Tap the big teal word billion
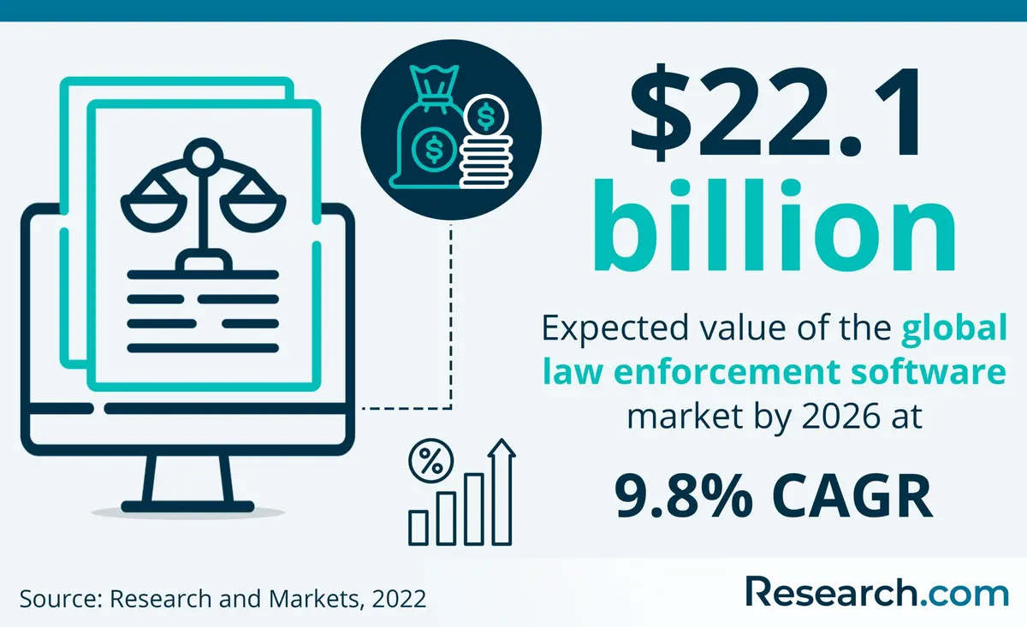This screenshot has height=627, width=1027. coord(775,225)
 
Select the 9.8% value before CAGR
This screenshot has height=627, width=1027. coord(684,496)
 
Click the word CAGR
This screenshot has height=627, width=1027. coord(852,496)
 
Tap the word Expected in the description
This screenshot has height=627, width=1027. coord(615,329)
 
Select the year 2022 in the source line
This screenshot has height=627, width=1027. coord(399,599)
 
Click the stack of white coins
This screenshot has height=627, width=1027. coord(486,162)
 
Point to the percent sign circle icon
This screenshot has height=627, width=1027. coord(431,461)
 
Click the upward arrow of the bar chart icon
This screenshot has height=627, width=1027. coord(502,492)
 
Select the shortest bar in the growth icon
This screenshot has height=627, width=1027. coord(419,528)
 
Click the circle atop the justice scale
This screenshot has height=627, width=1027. coord(203,157)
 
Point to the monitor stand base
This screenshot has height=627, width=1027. coord(187,506)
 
